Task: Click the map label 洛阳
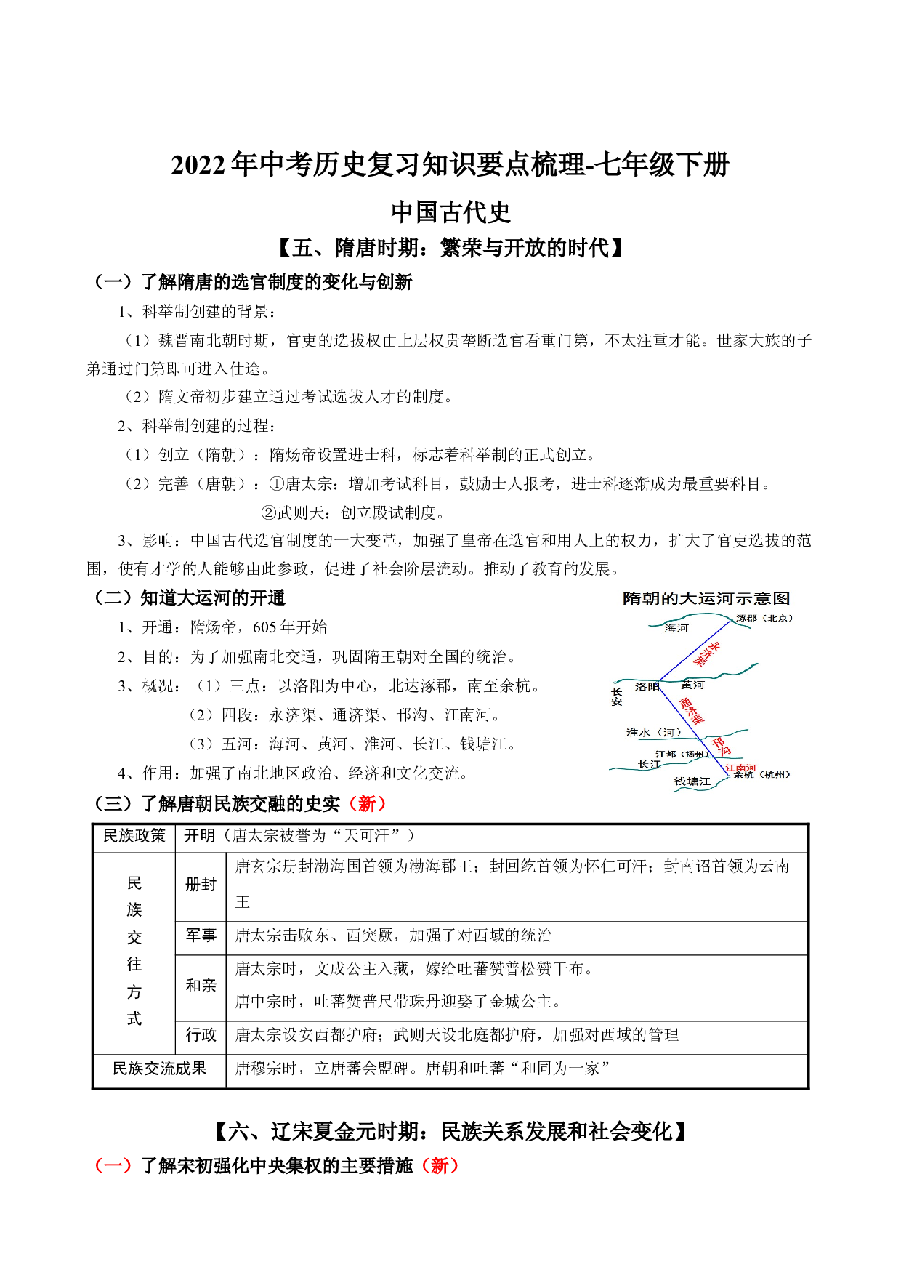[x=646, y=686]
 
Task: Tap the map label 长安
[x=617, y=696]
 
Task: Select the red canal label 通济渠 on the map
[x=691, y=710]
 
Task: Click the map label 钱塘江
[x=692, y=781]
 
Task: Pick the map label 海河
[x=676, y=628]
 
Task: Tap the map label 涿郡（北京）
[x=764, y=618]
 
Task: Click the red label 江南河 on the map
[x=740, y=768]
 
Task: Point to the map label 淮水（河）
[x=653, y=732]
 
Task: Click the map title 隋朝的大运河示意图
[x=706, y=598]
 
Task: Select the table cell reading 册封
[x=201, y=885]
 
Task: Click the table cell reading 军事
[x=201, y=936]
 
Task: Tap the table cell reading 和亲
[x=201, y=985]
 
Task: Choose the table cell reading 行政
[x=201, y=1034]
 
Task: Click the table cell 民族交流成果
[x=159, y=1068]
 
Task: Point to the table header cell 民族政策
[x=134, y=836]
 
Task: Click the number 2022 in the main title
[x=198, y=165]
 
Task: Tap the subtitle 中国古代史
[x=450, y=212]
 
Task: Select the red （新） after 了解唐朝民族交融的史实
[x=367, y=803]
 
